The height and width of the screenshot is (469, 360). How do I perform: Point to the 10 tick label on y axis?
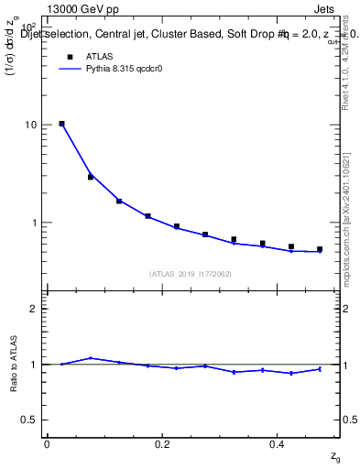click(30, 125)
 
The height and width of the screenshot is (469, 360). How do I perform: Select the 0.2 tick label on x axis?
click(163, 444)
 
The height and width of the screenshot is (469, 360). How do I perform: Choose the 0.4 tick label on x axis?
click(278, 444)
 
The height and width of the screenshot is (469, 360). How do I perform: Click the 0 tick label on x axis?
click(47, 444)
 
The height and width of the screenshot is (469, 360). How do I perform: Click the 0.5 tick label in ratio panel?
click(29, 420)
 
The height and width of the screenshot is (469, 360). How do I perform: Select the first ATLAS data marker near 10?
click(61, 124)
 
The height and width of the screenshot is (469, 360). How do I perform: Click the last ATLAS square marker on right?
click(320, 249)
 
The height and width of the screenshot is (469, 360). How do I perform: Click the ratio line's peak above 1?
click(90, 358)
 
